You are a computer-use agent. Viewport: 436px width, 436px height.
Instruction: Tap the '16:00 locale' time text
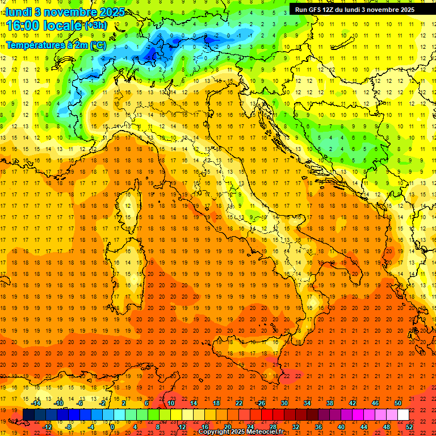click(44, 26)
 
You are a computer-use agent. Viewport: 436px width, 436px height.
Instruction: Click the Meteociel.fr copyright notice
click(241, 432)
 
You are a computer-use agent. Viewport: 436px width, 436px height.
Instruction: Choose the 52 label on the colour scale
click(409, 427)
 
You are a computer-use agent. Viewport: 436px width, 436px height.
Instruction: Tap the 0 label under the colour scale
click(113, 427)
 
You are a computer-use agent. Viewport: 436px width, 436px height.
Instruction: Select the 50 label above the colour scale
click(398, 403)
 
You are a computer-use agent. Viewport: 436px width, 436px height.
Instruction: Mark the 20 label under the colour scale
click(227, 427)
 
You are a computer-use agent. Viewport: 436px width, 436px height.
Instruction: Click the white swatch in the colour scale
click(403, 415)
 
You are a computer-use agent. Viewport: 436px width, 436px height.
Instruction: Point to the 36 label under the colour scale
click(318, 427)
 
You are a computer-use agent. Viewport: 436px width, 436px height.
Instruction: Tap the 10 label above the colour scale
click(170, 403)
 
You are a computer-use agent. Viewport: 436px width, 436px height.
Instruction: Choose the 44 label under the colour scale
click(364, 427)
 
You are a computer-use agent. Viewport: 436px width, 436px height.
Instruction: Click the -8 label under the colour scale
click(69, 427)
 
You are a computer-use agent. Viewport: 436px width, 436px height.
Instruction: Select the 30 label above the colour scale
click(284, 403)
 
